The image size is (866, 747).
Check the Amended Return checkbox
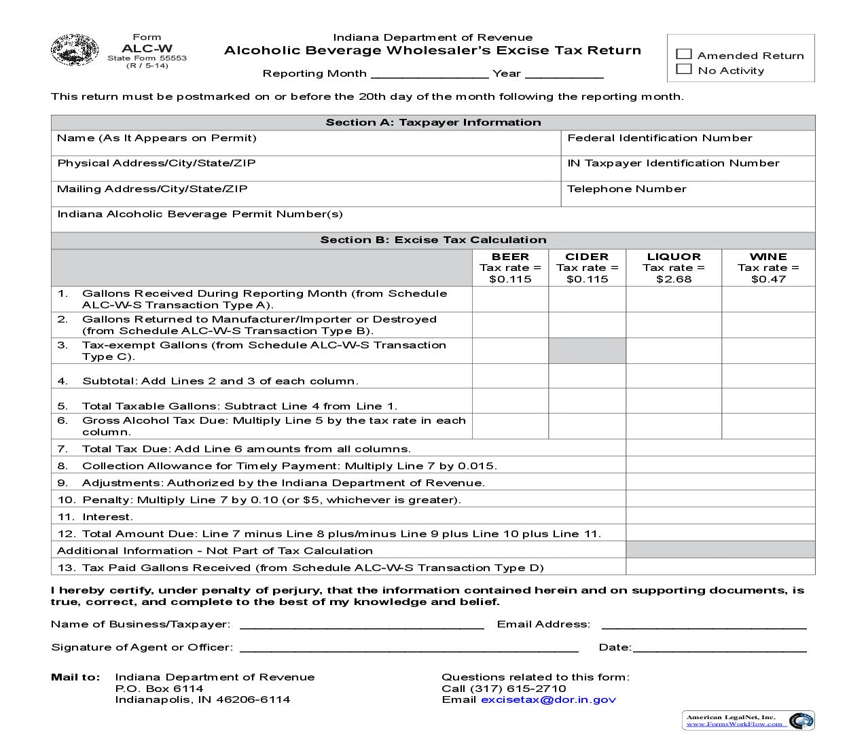(684, 54)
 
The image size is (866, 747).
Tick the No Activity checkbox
(684, 69)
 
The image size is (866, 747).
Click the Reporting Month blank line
(429, 73)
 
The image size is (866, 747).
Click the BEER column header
(510, 257)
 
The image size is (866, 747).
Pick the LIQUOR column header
(673, 257)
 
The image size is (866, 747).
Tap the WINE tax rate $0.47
(768, 279)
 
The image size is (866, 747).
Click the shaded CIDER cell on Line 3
(587, 350)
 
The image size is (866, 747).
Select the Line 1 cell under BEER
(510, 299)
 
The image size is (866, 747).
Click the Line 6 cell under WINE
(768, 426)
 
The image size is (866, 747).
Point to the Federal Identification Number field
(687, 143)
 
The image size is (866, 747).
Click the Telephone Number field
(687, 194)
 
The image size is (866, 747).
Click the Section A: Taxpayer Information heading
(433, 122)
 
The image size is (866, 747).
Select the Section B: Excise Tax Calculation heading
(433, 240)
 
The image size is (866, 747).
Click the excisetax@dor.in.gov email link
(548, 699)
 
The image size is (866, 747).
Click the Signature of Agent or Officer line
(409, 646)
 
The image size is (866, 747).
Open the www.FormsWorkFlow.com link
(734, 724)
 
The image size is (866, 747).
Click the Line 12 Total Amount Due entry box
(720, 533)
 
